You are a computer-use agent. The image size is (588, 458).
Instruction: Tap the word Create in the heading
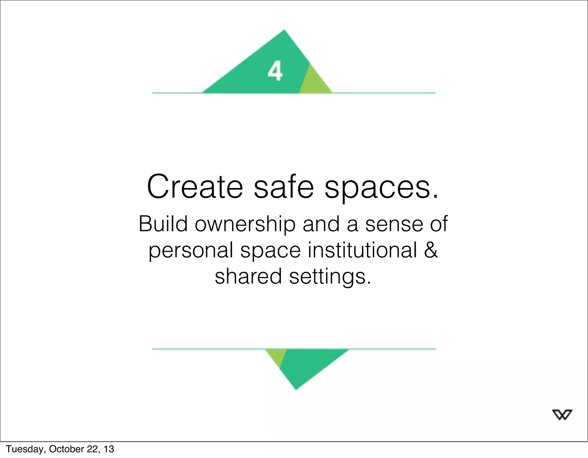(x=195, y=187)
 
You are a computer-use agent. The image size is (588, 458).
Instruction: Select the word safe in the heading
(x=284, y=187)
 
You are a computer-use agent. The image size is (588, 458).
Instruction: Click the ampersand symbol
(x=431, y=250)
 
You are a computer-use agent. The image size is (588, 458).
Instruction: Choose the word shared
(x=248, y=276)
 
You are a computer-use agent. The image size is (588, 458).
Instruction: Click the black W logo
(x=562, y=415)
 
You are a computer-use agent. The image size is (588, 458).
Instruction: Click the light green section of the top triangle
(x=314, y=83)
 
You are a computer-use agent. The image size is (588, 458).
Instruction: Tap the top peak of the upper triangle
(x=284, y=30)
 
